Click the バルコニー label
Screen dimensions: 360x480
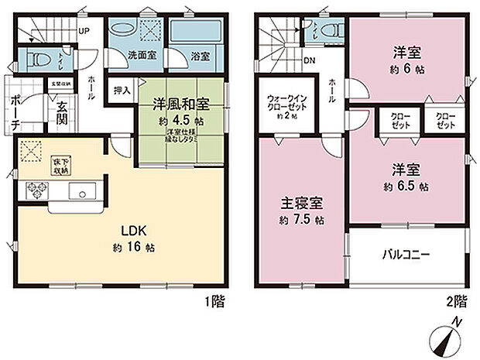tap(406, 254)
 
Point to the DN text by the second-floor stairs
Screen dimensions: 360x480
tap(308, 60)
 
